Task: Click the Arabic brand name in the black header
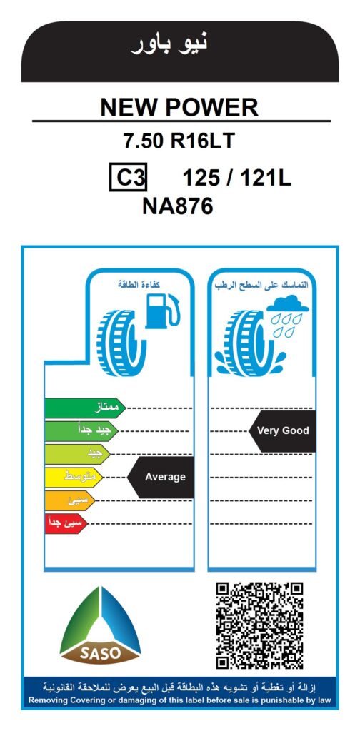click(x=169, y=43)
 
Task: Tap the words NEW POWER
click(x=179, y=108)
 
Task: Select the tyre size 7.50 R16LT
click(x=179, y=141)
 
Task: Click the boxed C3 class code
click(x=129, y=177)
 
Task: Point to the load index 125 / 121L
click(x=237, y=178)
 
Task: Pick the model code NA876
click(x=178, y=206)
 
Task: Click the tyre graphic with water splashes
click(x=249, y=343)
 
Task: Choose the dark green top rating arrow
click(x=85, y=408)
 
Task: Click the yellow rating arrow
click(x=74, y=478)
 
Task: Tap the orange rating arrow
click(x=70, y=500)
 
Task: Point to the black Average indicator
click(x=161, y=477)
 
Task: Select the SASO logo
click(x=100, y=625)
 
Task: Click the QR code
click(x=260, y=625)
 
